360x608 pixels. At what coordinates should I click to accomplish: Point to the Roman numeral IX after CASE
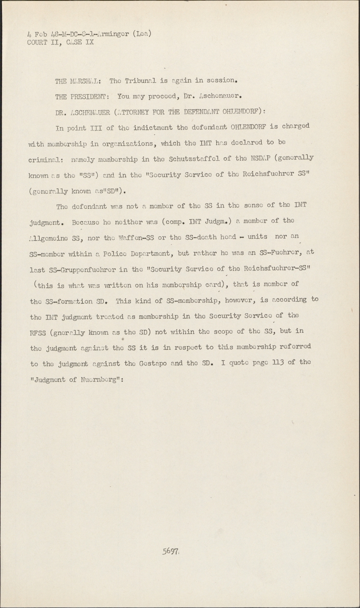click(x=89, y=42)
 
